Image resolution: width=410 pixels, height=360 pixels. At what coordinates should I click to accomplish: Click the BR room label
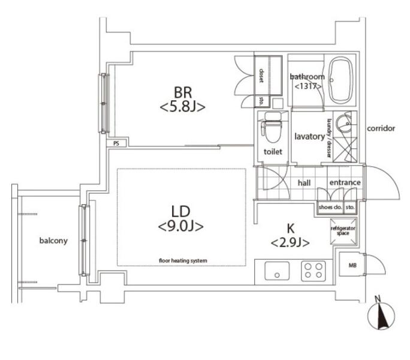click(x=183, y=92)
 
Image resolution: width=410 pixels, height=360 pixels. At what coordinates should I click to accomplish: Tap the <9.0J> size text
click(x=181, y=226)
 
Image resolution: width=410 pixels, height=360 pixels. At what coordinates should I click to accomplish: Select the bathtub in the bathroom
click(x=340, y=80)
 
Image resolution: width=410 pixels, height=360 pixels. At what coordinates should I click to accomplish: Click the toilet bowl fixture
click(x=272, y=128)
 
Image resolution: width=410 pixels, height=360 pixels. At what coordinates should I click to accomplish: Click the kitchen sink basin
click(x=277, y=271)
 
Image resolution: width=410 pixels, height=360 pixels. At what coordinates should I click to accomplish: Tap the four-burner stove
click(x=313, y=271)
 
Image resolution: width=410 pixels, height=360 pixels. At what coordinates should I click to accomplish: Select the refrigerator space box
click(x=343, y=232)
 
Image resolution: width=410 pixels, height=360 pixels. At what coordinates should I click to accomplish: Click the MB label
click(x=352, y=265)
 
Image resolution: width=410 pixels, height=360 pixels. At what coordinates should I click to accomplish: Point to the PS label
click(x=116, y=143)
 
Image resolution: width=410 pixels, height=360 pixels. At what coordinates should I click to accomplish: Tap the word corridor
click(x=381, y=128)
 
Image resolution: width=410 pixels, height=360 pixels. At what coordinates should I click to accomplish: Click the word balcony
click(x=53, y=241)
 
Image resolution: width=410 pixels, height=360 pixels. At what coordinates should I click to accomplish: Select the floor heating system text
click(x=183, y=260)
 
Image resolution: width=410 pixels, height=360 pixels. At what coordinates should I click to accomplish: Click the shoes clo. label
click(x=330, y=207)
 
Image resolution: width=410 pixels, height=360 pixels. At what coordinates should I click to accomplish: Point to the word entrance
click(x=345, y=182)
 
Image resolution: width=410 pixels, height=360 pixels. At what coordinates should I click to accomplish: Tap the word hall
click(x=304, y=182)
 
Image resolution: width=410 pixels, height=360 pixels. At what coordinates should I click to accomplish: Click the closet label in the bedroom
click(x=261, y=76)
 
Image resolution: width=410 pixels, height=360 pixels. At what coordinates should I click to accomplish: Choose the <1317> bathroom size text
click(x=308, y=86)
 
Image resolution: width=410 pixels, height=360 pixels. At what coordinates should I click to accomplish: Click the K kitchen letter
click(x=291, y=229)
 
